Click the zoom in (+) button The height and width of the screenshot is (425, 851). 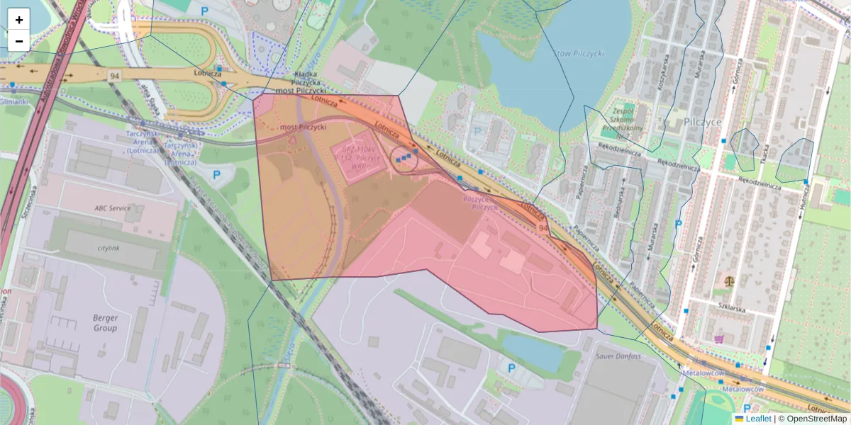(18, 20)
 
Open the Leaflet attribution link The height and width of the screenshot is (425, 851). (757, 419)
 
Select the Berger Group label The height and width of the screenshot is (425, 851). (105, 323)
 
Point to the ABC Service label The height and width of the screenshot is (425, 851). (113, 208)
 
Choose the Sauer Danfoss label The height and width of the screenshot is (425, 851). (618, 356)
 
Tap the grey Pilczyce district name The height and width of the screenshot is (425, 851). (703, 122)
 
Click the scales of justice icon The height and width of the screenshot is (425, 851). (730, 280)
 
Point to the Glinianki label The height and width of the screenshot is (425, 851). (14, 101)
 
